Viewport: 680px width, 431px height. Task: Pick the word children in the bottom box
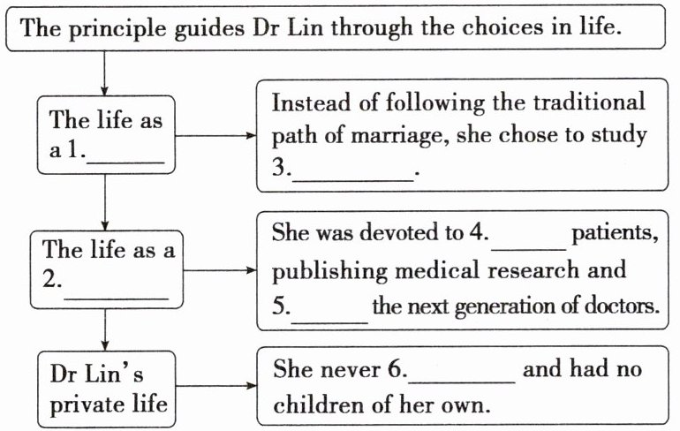(x=309, y=405)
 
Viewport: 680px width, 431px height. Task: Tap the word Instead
(x=305, y=102)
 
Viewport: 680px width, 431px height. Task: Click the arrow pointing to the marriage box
(x=247, y=136)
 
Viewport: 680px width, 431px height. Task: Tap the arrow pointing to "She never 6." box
(x=247, y=386)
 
